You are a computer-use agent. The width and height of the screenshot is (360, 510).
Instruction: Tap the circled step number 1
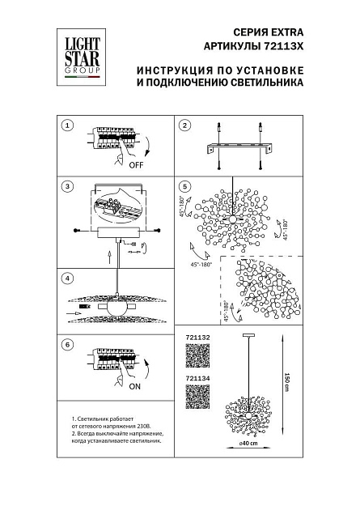coord(68,125)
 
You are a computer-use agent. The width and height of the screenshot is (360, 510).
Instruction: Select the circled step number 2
coord(184,125)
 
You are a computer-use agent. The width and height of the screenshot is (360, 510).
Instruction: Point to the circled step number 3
coord(68,186)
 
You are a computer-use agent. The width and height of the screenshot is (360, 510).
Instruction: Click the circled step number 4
coord(68,278)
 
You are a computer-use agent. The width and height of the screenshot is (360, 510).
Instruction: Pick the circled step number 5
coord(184,186)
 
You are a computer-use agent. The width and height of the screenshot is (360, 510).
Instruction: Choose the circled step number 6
coord(68,343)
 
